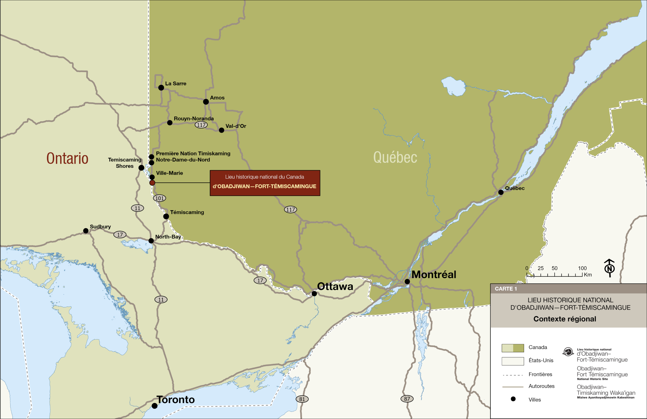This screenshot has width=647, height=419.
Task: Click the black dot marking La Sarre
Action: click(x=161, y=88)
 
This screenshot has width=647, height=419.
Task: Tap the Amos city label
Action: click(x=217, y=98)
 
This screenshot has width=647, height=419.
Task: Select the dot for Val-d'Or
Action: click(x=221, y=130)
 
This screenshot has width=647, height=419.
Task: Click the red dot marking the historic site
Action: click(x=152, y=183)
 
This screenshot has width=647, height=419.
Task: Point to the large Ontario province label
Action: click(x=67, y=159)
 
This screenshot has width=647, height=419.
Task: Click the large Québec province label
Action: click(x=395, y=158)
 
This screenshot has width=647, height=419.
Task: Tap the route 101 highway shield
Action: click(x=159, y=198)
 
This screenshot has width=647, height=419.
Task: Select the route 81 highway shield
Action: click(x=302, y=399)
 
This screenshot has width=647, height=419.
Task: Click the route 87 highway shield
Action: click(x=407, y=399)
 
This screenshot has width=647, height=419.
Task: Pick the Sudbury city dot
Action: click(x=86, y=231)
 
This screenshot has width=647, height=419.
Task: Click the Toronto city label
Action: click(x=176, y=400)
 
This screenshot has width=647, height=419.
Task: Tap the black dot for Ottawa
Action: click(x=314, y=294)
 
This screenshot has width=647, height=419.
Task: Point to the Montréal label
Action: click(x=433, y=274)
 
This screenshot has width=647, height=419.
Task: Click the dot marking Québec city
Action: click(x=501, y=192)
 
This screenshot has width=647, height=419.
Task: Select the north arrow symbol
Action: click(x=609, y=268)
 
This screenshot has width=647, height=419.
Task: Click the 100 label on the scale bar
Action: click(x=582, y=268)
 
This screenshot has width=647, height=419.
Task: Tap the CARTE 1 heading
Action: click(x=506, y=289)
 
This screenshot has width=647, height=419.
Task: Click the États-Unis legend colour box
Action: click(x=512, y=361)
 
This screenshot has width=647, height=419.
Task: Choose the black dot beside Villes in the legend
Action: click(x=513, y=399)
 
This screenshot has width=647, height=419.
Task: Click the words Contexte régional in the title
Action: click(x=565, y=319)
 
